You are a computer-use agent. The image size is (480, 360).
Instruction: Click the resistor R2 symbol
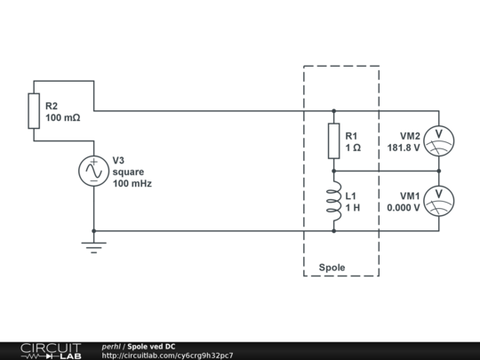pos(35,111)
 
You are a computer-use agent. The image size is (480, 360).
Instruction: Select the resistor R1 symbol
pos(333,140)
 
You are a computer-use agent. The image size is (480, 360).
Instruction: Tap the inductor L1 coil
pos(333,201)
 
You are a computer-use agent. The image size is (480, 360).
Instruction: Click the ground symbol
pos(93,246)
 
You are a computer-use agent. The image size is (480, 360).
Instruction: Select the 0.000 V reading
pos(404,208)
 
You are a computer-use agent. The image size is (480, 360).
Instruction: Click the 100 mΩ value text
pos(63,117)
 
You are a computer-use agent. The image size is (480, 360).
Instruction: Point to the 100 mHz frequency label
pos(132,183)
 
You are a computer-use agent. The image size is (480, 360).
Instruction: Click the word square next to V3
pos(128,172)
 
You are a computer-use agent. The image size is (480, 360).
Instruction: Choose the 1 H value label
pos(353,208)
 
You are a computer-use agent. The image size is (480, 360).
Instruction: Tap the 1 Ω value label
pos(353,148)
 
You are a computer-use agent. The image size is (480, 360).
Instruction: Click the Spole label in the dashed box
pos(332,267)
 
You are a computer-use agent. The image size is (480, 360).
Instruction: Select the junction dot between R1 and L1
pos(333,171)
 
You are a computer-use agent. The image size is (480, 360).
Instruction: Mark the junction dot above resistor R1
pos(333,111)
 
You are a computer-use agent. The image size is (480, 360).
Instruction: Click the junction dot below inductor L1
pos(333,231)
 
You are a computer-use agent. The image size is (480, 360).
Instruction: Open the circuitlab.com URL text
pos(168,356)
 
